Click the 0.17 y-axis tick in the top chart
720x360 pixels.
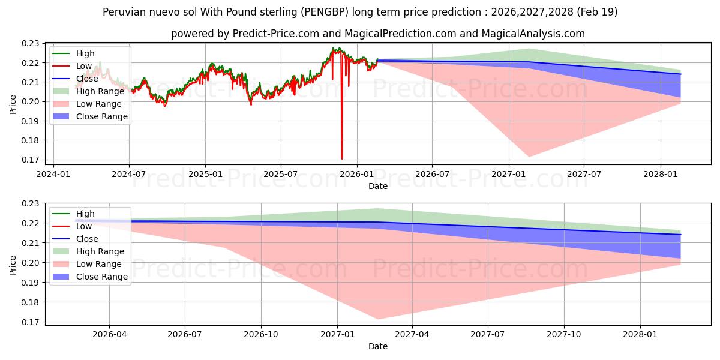coord(30,160)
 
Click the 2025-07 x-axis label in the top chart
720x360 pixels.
coord(281,174)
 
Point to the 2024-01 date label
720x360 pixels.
coord(53,174)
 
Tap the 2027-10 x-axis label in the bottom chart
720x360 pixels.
coord(564,335)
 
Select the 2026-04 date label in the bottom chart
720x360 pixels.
coord(109,335)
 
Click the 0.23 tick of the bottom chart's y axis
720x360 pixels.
coord(30,203)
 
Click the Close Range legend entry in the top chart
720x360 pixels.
coord(90,116)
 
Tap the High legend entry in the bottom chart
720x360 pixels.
coord(74,214)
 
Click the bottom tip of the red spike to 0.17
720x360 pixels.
coord(341,159)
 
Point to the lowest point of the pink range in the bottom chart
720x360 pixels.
coord(378,319)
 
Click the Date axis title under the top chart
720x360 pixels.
coord(378,186)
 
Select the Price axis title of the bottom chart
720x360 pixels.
coord(13,265)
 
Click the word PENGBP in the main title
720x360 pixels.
coord(325,12)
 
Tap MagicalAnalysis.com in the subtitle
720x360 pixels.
coord(533,34)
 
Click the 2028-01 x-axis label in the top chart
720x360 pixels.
coord(660,174)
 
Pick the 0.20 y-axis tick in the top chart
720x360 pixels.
coord(30,101)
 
